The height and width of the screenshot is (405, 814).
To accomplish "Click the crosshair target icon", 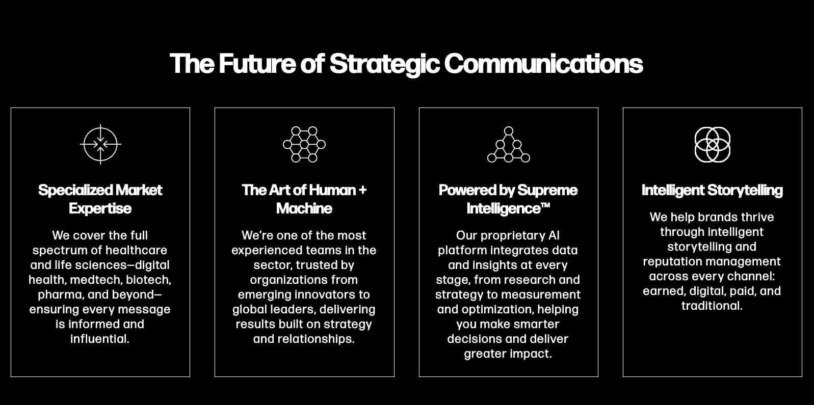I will (x=100, y=144).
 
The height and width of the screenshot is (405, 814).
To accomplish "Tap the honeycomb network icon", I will (x=304, y=144).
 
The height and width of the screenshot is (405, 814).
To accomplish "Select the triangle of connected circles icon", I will (x=508, y=145).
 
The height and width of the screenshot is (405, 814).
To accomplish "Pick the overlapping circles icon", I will (x=712, y=145).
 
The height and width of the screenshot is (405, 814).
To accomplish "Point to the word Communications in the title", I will (x=543, y=64).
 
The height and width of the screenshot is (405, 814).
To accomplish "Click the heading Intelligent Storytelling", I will (x=712, y=190).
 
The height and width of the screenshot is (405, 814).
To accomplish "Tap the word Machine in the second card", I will (x=304, y=208).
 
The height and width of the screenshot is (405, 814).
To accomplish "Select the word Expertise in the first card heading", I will (x=100, y=208).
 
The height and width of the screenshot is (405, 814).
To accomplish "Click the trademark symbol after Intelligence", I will (x=545, y=205).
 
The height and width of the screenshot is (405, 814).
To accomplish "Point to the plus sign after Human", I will (x=362, y=190).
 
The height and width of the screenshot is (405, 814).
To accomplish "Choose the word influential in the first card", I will (x=99, y=339).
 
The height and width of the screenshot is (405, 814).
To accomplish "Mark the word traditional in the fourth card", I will (x=712, y=306).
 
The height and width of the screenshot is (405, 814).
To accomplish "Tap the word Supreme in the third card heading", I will (x=547, y=190).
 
